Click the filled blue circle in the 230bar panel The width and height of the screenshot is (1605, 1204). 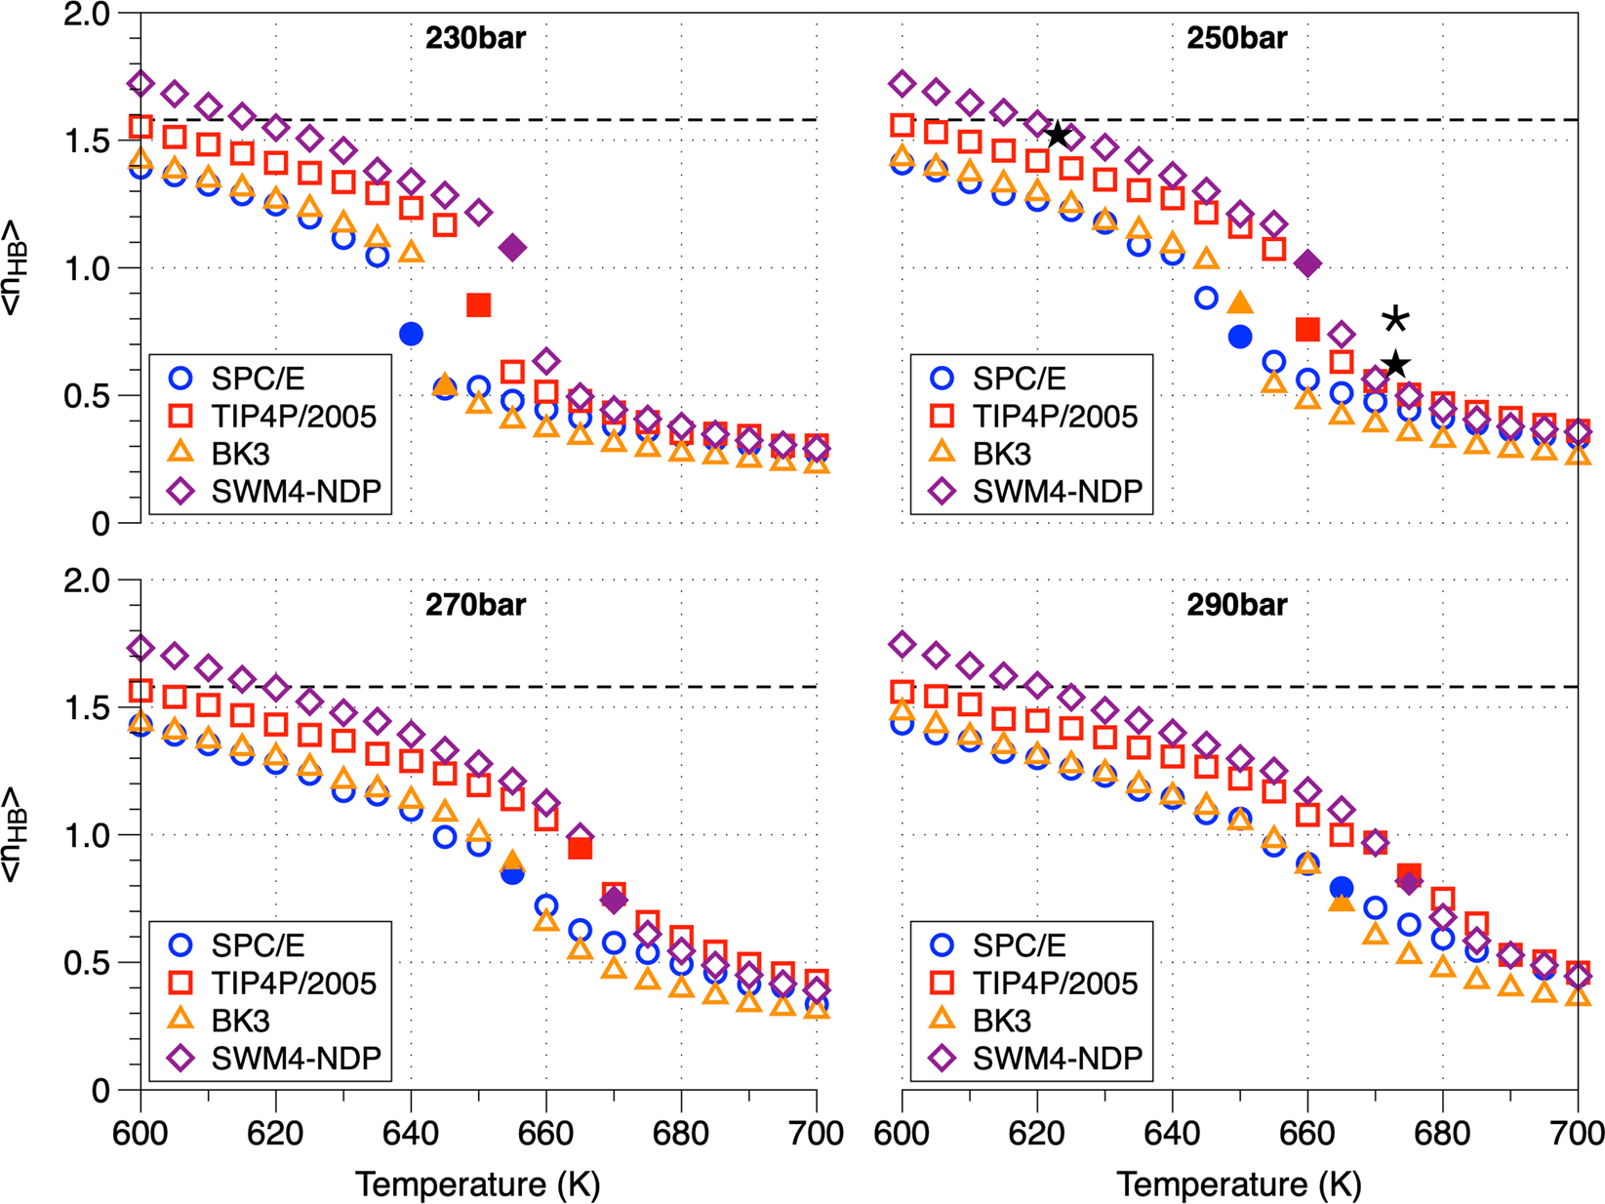[x=411, y=334]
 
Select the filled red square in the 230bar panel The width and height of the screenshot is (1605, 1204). [x=478, y=305]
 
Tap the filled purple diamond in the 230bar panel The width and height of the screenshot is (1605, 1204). [x=512, y=248]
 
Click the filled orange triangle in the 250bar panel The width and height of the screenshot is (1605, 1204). [x=1240, y=303]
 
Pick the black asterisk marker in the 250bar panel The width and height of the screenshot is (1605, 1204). [x=1396, y=319]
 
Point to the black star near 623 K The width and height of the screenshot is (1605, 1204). [x=1058, y=135]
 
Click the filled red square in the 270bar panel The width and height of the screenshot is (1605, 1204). [x=580, y=848]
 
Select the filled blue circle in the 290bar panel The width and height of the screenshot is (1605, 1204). [x=1342, y=888]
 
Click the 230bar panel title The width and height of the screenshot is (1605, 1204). [x=475, y=38]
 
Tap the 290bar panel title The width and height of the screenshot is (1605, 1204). [x=1236, y=605]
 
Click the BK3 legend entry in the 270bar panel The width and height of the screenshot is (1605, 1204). [x=240, y=1021]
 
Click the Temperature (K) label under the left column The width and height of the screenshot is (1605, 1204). [x=477, y=1184]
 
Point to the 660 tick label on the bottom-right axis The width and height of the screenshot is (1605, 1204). [x=1307, y=1134]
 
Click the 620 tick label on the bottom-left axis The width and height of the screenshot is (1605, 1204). [x=276, y=1134]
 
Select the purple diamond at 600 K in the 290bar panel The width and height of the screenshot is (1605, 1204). [x=903, y=645]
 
